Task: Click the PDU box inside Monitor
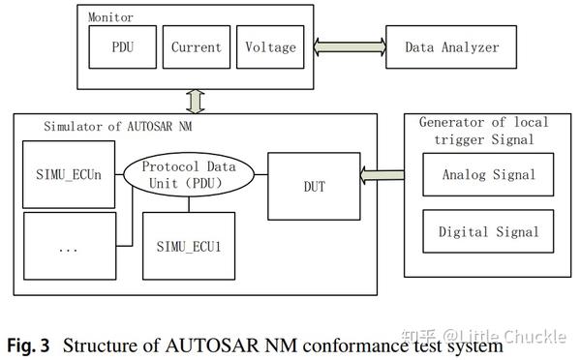tap(121, 47)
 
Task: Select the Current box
tap(196, 47)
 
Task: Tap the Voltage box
tap(270, 47)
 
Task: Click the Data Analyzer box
tap(452, 46)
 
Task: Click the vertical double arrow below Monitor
tap(198, 101)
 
